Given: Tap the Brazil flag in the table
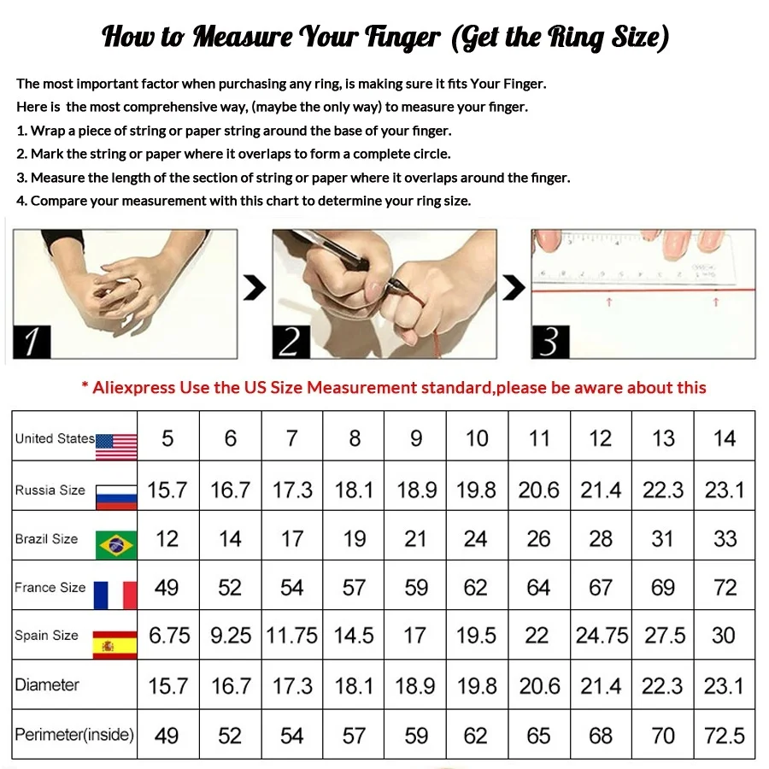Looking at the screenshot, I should [116, 544].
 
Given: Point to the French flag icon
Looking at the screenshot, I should [115, 594].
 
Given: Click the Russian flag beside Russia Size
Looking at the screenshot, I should [116, 496].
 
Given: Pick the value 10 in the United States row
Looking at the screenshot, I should [477, 438].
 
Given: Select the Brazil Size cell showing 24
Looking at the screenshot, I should [476, 539].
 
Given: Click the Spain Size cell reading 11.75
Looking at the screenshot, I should [292, 637].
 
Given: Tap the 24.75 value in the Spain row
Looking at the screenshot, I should [602, 637].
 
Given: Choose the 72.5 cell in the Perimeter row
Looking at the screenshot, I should [724, 736].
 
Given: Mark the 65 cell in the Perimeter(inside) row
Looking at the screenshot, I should [538, 736].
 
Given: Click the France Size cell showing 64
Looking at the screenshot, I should [538, 588].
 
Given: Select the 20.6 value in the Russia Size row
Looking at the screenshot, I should [538, 490].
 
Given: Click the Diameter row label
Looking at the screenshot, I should [47, 685].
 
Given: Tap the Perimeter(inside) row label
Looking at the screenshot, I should [74, 735].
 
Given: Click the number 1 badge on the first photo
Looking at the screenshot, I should [32, 342].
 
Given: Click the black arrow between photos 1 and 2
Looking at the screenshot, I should [255, 289].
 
